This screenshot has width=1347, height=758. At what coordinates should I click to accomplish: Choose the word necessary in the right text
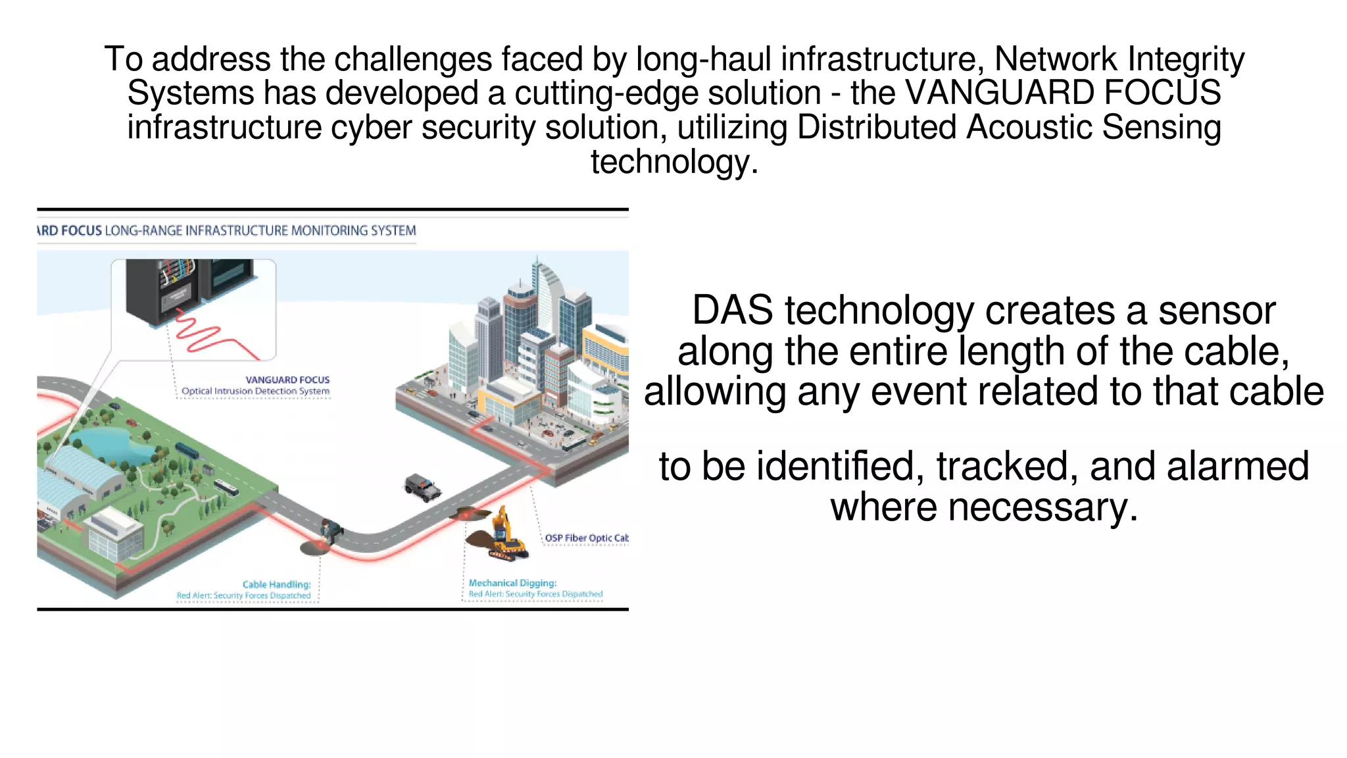click(1037, 507)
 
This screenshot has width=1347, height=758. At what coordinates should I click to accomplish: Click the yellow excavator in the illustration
click(506, 536)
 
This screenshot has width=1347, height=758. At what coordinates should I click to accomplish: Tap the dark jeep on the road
click(422, 488)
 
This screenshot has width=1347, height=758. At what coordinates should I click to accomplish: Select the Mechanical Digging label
click(512, 583)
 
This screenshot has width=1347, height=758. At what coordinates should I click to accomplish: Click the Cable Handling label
click(276, 584)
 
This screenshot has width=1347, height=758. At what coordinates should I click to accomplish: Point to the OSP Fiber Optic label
click(585, 538)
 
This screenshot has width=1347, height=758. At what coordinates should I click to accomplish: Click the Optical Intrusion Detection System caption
click(255, 391)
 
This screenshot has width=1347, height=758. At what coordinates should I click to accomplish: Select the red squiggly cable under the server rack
click(210, 336)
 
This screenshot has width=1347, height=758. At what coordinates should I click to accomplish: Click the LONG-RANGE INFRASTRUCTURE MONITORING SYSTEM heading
click(260, 231)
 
